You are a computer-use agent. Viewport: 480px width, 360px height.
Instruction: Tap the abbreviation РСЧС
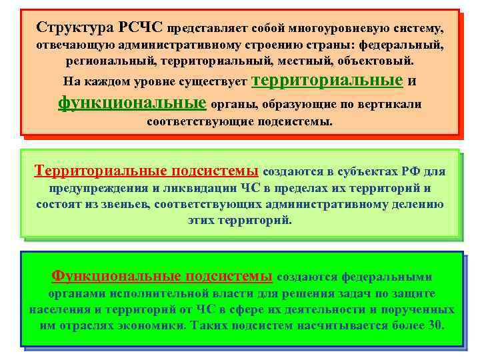click(141, 28)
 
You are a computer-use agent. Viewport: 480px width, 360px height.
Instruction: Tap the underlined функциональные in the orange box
click(132, 103)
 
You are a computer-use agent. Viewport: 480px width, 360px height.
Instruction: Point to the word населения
click(61, 310)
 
